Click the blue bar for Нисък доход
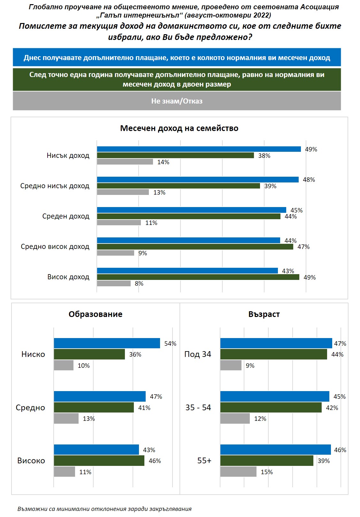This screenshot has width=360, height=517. (199, 149)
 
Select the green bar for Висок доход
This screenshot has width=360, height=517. (198, 277)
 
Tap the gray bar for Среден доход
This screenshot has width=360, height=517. (119, 223)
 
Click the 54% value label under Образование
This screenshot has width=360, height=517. (170, 343)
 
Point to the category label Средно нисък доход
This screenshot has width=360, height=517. (55, 186)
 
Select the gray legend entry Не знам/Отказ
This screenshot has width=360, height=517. (177, 101)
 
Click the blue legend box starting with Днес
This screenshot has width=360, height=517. (177, 58)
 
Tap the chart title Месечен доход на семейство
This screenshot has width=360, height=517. (179, 128)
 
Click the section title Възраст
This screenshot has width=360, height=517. (264, 314)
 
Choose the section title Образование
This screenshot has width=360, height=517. (96, 314)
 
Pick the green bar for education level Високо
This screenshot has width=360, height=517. (99, 461)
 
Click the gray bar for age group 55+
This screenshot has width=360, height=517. (238, 472)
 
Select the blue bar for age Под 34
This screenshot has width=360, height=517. (276, 343)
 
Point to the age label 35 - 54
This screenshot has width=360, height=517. (198, 407)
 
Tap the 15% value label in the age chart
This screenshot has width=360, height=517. (267, 472)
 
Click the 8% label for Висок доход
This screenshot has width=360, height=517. (139, 283)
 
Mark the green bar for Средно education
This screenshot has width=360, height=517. (94, 407)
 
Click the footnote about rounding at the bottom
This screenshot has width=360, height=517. (104, 509)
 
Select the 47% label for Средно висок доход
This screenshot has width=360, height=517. (303, 247)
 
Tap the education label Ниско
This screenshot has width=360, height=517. (33, 354)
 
